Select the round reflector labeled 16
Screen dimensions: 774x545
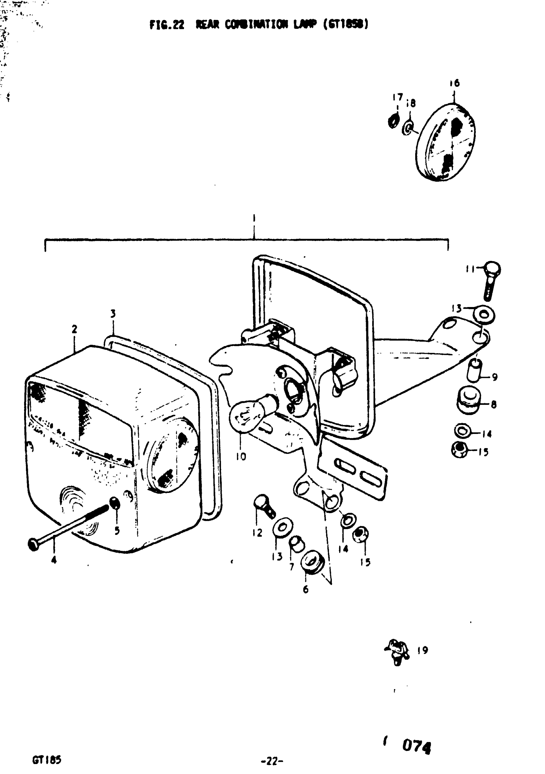[446, 142]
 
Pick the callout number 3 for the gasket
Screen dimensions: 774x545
[113, 314]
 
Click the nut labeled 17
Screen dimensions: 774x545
[393, 121]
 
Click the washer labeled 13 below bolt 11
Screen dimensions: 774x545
[484, 314]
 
